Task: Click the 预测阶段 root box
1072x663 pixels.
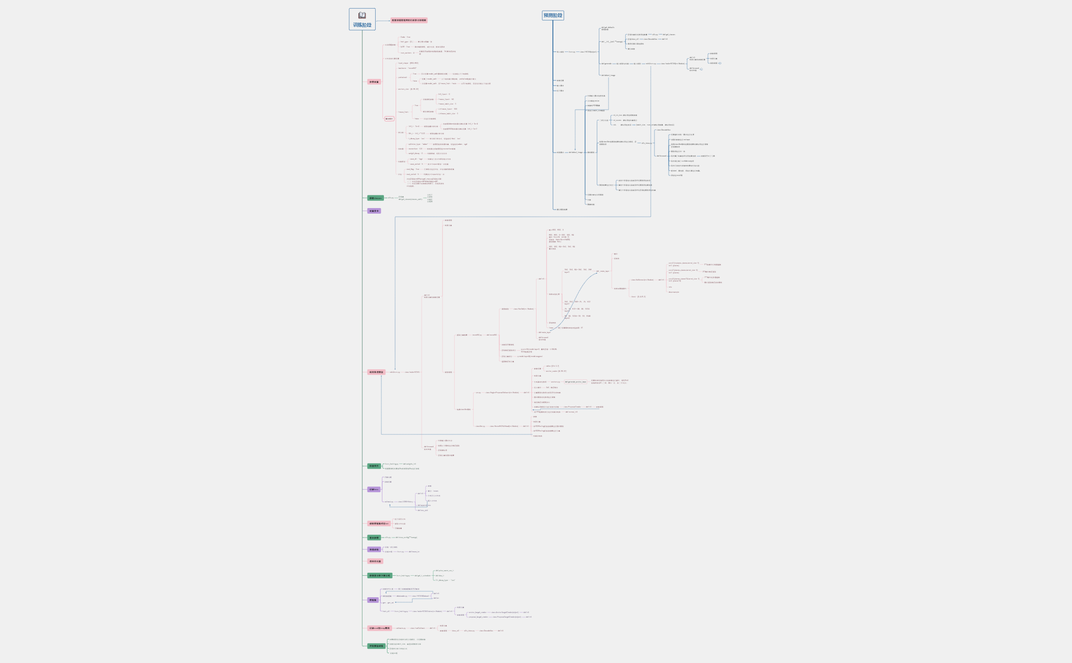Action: coord(553,15)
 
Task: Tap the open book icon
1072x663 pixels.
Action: coord(362,15)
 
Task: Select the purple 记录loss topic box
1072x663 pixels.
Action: coord(374,490)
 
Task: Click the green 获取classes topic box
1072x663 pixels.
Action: coord(375,198)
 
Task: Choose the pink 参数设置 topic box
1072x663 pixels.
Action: coord(374,82)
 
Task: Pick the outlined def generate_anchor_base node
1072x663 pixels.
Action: coord(575,381)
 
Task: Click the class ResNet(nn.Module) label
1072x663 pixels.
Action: coord(523,309)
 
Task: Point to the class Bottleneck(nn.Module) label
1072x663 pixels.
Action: coord(642,279)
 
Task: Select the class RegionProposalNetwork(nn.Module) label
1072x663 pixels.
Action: coord(502,393)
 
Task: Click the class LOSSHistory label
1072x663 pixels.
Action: coord(405,501)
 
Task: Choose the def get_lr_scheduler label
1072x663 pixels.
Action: coord(422,575)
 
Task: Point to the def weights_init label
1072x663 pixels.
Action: coord(409,464)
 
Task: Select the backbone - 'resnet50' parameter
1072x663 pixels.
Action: coord(407,68)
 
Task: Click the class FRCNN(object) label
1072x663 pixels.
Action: coord(588,52)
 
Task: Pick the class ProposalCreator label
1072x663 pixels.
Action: coord(572,407)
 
